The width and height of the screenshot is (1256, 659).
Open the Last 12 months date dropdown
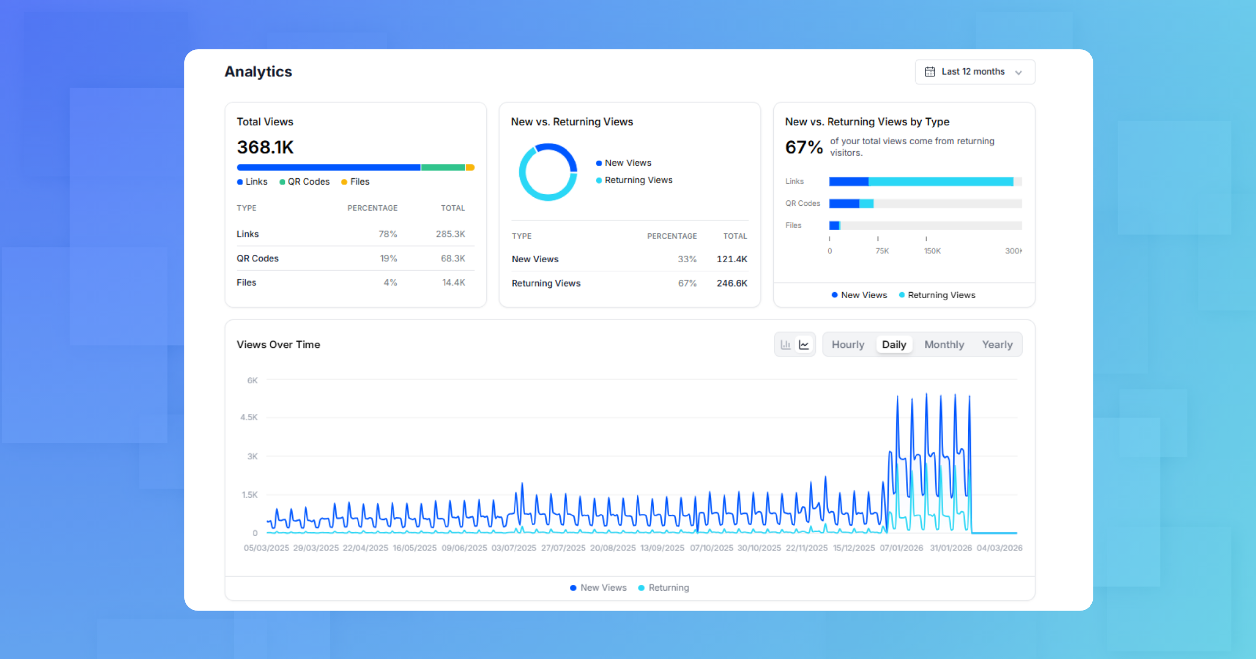pyautogui.click(x=974, y=72)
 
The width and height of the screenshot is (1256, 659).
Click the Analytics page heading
pyautogui.click(x=258, y=72)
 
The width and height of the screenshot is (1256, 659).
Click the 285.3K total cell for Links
pyautogui.click(x=450, y=234)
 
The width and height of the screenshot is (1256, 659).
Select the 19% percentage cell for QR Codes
pyautogui.click(x=388, y=258)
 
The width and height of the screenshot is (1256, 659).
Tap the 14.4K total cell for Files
pyautogui.click(x=453, y=283)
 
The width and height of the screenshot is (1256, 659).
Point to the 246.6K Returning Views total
pyautogui.click(x=731, y=283)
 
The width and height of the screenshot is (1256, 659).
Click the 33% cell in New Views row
pyautogui.click(x=687, y=259)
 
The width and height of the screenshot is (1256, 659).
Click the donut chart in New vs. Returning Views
pyautogui.click(x=548, y=172)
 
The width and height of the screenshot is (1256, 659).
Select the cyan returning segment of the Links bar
pyautogui.click(x=940, y=182)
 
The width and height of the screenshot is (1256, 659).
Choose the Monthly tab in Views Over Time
pyautogui.click(x=944, y=345)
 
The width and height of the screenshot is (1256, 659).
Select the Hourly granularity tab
pyautogui.click(x=847, y=345)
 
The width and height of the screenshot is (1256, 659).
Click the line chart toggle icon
pyautogui.click(x=804, y=345)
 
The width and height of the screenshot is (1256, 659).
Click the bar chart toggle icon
pyautogui.click(x=785, y=345)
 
